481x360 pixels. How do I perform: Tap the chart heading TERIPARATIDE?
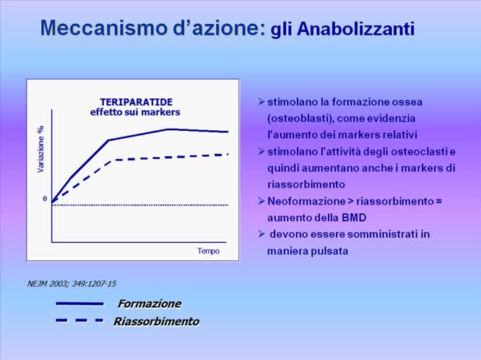pos(136,102)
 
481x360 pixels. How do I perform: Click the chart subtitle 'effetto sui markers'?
pos(135,113)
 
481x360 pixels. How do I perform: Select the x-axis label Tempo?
pos(208,251)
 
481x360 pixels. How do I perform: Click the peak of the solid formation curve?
pos(168,129)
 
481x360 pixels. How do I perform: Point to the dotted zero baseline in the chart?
pos(144,205)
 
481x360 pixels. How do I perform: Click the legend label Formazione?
pos(149,304)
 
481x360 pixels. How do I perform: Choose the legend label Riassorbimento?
pos(156,321)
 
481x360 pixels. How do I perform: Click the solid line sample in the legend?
pos(79,304)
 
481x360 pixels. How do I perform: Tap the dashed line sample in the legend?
pos(79,320)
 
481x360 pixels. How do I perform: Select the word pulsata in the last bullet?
pos(329,251)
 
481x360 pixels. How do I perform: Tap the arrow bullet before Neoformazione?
pos(261,201)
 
